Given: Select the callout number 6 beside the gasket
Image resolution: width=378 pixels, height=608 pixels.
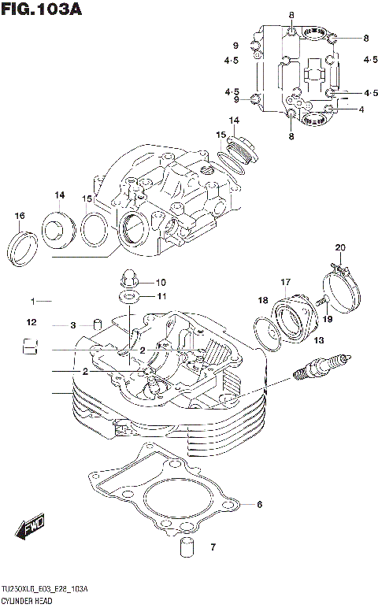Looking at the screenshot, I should tap(259, 505).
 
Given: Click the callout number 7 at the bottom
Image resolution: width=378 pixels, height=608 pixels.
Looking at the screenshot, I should tap(212, 547).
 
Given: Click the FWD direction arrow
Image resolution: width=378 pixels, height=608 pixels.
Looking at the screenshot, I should tap(31, 527).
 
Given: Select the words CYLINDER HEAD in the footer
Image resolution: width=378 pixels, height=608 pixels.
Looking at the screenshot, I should tap(29, 601).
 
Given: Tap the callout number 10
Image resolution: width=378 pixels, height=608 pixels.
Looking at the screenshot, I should tap(160, 282).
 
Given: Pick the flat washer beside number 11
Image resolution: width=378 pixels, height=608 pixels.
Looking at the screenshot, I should tap(128, 297).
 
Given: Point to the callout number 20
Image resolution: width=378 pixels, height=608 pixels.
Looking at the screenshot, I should tap(339, 248).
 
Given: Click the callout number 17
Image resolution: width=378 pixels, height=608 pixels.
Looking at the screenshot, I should tap(285, 282).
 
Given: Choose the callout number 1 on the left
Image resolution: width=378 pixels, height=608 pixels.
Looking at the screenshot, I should tap(34, 302).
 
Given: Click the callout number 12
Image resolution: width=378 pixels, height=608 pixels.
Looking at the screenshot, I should tap(31, 322).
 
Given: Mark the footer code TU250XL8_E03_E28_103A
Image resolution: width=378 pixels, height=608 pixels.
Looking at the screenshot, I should tap(44, 590).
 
